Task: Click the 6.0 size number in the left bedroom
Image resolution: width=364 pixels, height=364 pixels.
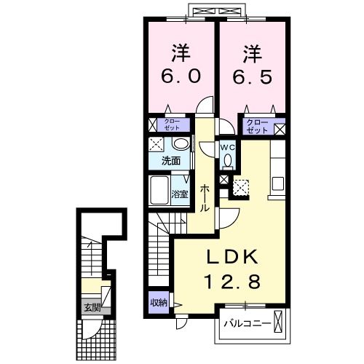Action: (180, 75)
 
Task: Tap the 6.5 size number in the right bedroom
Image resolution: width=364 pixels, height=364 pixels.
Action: (252, 75)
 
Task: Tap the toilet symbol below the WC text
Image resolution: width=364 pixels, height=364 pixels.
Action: (227, 160)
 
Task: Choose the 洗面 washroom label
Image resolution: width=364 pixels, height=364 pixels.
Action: (172, 160)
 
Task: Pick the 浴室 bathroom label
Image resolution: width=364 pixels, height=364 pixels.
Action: (181, 194)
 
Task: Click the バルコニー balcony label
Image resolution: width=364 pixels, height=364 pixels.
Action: (247, 321)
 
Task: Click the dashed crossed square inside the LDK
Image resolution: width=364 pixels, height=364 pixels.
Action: (241, 188)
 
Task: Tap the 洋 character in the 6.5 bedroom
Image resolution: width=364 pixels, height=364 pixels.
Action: (252, 52)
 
